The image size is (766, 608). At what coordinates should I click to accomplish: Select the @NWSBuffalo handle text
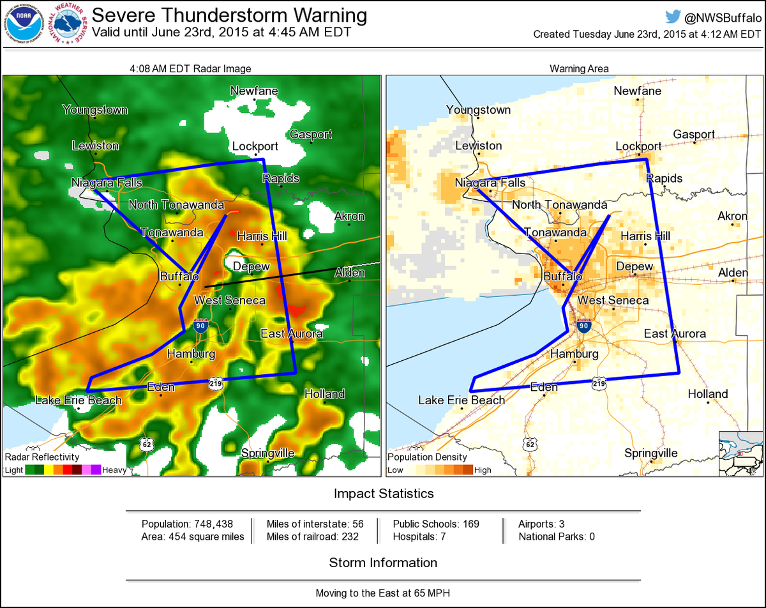coord(723,17)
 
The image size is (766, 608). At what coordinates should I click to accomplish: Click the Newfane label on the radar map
coord(254,91)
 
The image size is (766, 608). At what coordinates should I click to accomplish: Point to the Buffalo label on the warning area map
coord(562,276)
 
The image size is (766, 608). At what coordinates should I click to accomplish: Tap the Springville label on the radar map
coord(267,453)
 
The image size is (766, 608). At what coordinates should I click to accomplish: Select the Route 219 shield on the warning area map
coord(598,383)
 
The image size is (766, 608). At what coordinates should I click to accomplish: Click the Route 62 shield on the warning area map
coord(529,444)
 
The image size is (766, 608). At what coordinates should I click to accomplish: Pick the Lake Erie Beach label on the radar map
coord(78,400)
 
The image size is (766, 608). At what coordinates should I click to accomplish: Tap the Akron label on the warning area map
coord(732,216)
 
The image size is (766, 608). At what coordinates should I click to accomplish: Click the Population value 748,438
coord(216,524)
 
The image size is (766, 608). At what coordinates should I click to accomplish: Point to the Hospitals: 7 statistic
coord(419,536)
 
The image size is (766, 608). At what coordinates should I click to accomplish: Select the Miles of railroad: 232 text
coord(312,536)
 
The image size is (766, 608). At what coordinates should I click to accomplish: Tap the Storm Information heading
coord(383,563)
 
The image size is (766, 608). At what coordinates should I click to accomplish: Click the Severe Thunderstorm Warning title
coord(229,15)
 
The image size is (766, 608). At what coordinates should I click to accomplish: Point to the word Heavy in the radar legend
coord(114,470)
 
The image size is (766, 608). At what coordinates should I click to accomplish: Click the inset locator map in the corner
coord(740,453)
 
